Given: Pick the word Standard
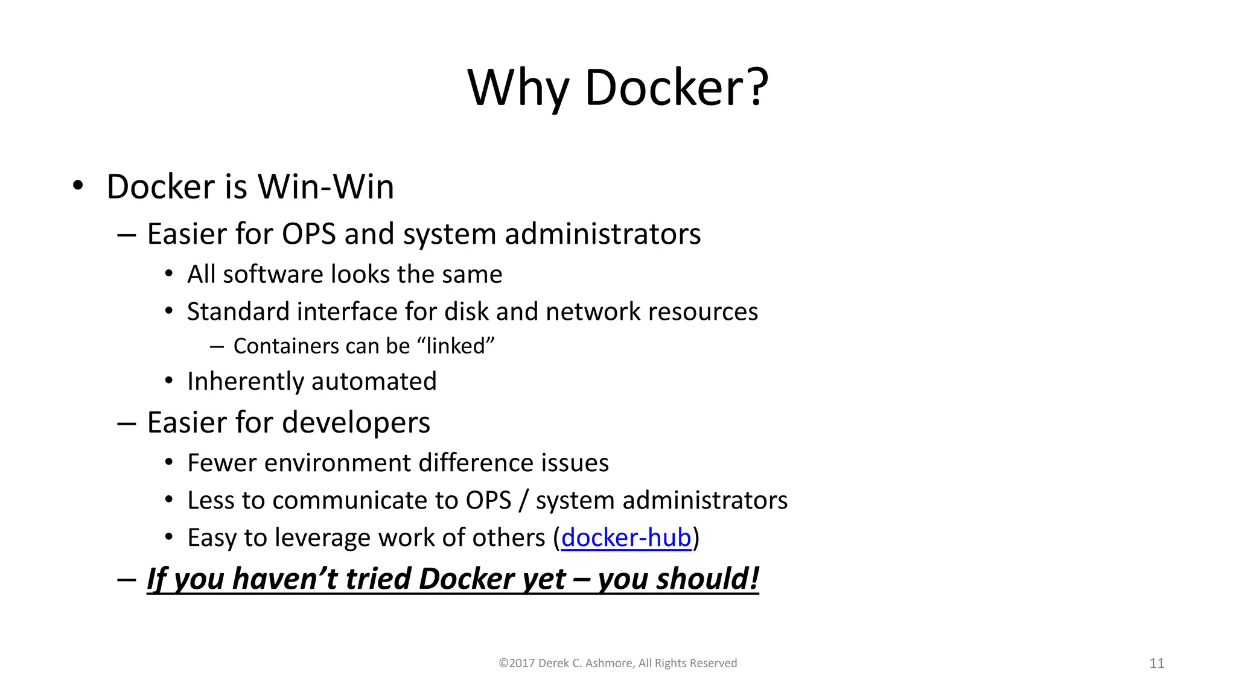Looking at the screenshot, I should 238,312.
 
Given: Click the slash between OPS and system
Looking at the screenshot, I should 523,501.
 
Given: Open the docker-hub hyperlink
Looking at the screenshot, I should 626,538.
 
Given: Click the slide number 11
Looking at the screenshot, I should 1156,664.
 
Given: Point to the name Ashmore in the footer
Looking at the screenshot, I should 608,664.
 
